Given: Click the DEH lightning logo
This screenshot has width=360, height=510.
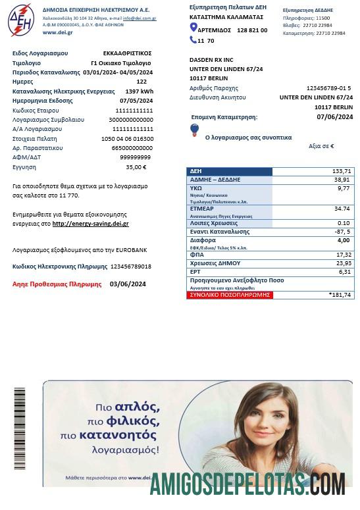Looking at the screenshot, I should click(21, 19).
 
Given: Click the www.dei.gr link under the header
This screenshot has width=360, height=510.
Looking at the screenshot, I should click(57, 32).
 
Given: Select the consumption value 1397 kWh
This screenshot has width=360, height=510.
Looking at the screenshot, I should click(139, 91).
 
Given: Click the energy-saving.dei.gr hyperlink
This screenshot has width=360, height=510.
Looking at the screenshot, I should click(90, 224).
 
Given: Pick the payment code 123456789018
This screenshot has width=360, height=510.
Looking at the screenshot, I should click(130, 267).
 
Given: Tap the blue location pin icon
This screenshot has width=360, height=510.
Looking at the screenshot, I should click(193, 27).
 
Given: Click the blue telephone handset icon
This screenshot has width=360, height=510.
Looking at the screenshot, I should click(193, 40).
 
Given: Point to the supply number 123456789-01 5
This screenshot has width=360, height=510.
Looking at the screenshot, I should click(328, 88).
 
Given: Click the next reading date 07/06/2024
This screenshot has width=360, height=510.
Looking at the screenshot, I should click(334, 117).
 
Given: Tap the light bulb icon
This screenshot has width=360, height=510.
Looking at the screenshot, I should click(194, 130).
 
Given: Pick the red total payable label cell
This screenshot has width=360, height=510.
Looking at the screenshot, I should click(230, 295).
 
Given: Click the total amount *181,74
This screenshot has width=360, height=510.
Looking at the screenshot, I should click(340, 295).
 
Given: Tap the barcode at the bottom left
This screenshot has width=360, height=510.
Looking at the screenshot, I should click(20, 428).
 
